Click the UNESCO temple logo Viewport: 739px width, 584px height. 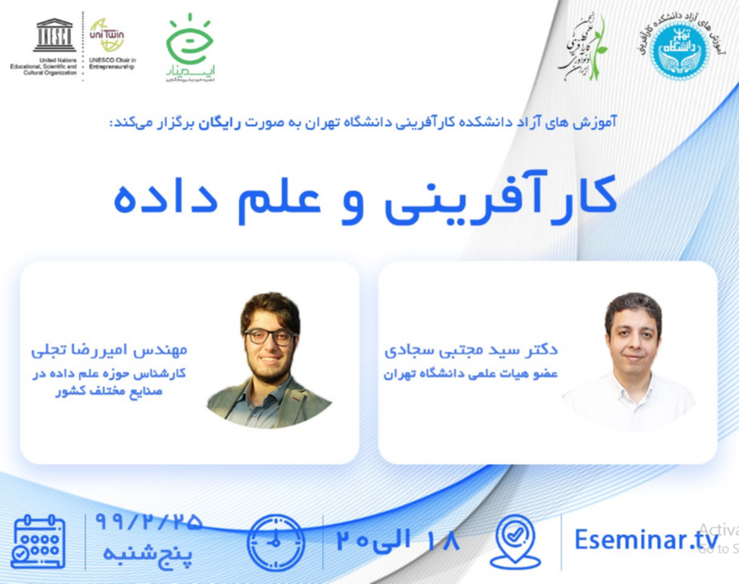click(x=54, y=36)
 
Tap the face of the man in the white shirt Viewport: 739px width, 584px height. click(x=633, y=332)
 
